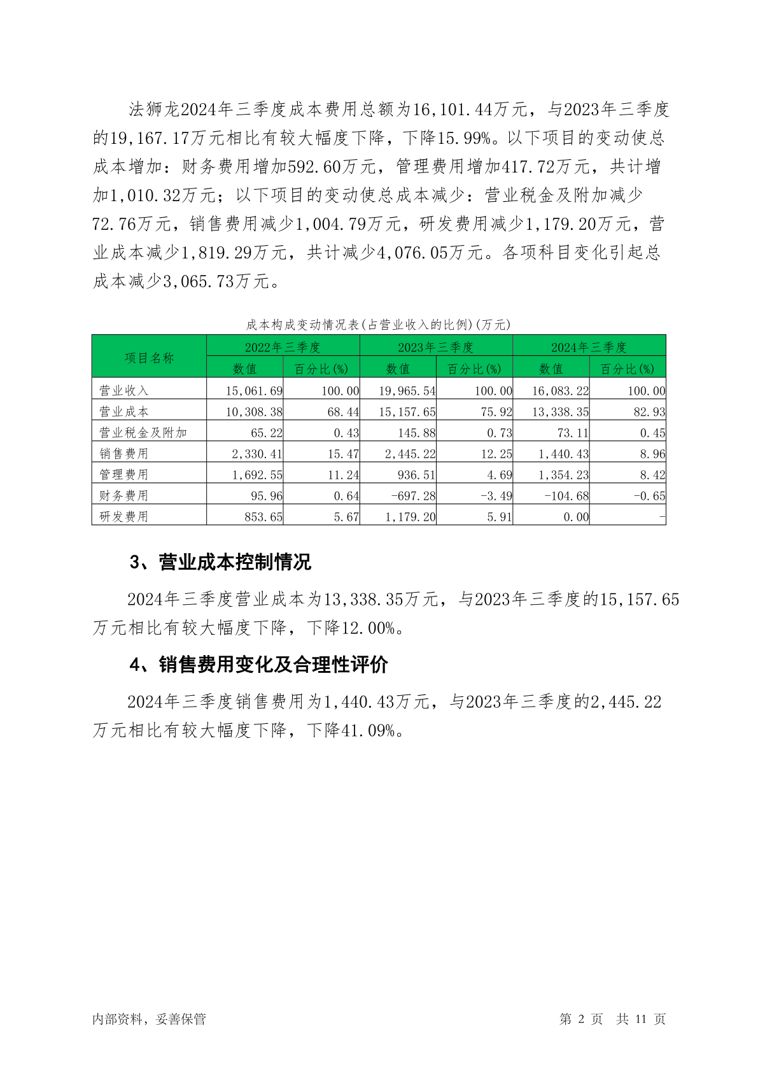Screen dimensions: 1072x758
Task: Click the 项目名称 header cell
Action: (x=149, y=358)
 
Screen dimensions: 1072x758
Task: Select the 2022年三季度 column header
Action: (x=283, y=347)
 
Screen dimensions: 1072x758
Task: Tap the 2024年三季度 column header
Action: (x=589, y=347)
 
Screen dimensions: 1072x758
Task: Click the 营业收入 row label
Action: (x=124, y=390)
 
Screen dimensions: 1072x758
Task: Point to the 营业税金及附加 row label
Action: (x=143, y=432)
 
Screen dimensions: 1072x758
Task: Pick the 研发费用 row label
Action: (x=124, y=516)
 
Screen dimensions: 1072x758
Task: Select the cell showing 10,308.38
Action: (x=254, y=412)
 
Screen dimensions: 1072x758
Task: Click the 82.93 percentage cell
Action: (x=649, y=412)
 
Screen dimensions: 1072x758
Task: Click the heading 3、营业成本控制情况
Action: (x=220, y=562)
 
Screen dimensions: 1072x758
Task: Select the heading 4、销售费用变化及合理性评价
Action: (x=258, y=665)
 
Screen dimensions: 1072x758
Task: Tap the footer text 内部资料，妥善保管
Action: (x=149, y=1019)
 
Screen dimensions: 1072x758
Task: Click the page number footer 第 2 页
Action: (x=581, y=1019)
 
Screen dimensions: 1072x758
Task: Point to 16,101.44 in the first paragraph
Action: (x=453, y=109)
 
